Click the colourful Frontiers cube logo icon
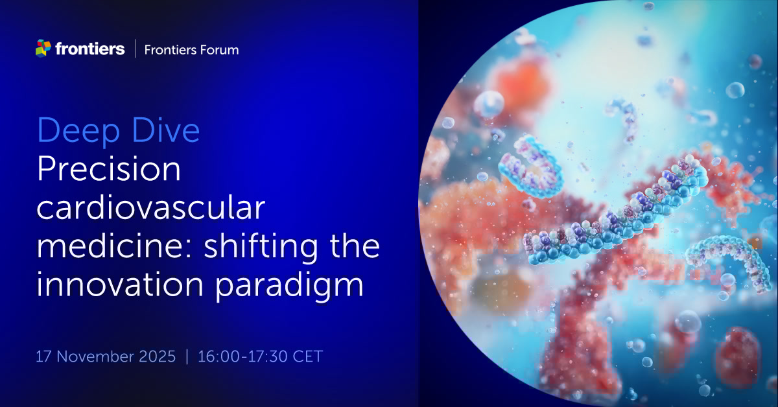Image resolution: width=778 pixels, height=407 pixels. pyautogui.click(x=43, y=48)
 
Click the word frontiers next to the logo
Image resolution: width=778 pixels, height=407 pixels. pyautogui.click(x=90, y=49)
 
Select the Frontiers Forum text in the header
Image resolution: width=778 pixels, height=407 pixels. pyautogui.click(x=191, y=49)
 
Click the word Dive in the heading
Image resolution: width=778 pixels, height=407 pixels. pyautogui.click(x=166, y=132)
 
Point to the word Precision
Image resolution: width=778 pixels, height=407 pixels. pyautogui.click(x=109, y=170)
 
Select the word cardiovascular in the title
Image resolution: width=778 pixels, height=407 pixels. pyautogui.click(x=150, y=209)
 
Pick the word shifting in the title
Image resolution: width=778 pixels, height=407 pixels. pyautogui.click(x=259, y=249)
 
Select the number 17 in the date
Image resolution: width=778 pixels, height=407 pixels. pyautogui.click(x=44, y=356)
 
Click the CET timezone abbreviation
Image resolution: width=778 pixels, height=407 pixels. pyautogui.click(x=307, y=356)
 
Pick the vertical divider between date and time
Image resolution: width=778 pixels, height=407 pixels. pyautogui.click(x=187, y=356)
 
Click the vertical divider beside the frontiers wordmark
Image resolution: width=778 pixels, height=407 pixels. pyautogui.click(x=135, y=49)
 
